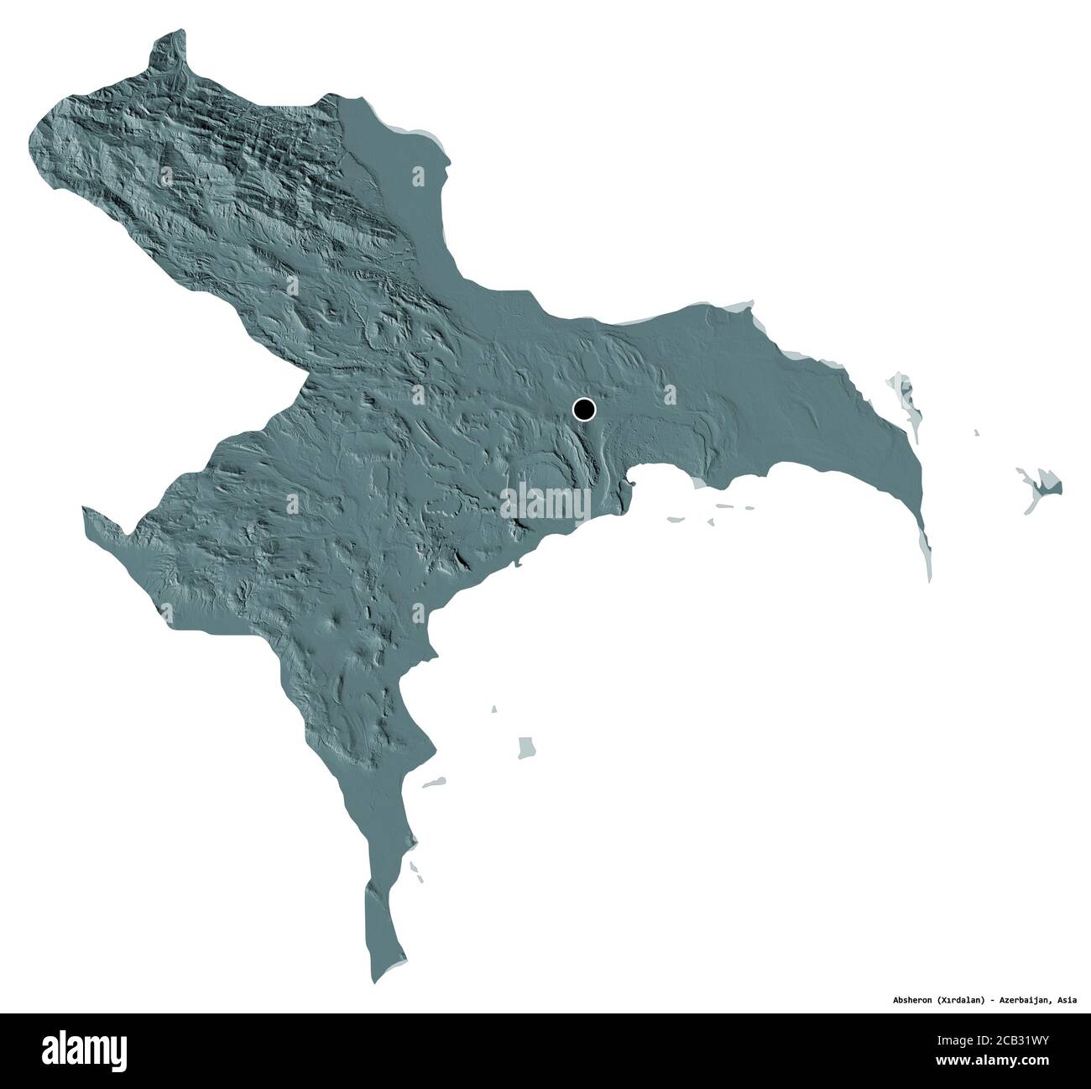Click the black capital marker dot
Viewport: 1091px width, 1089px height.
[x=584, y=410]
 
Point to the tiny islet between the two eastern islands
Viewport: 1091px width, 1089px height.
[x=976, y=432]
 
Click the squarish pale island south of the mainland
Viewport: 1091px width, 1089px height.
[x=527, y=746]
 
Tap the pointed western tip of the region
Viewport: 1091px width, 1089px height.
[x=85, y=510]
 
